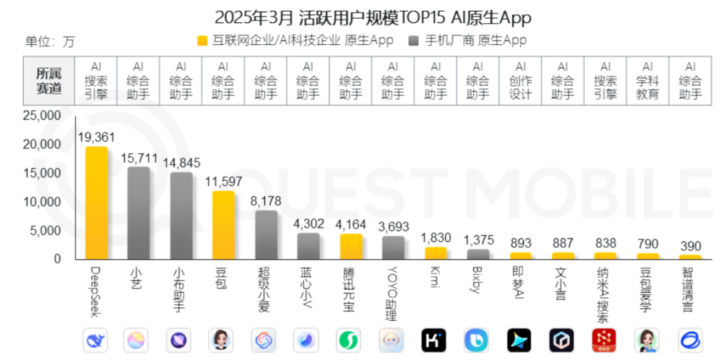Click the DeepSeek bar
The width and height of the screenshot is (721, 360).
coord(96,202)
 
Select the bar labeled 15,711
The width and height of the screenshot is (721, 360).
coord(139,213)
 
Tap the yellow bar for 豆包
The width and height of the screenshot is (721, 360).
coord(223,225)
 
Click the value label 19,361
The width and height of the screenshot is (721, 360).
coord(96,137)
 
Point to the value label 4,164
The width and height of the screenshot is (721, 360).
coord(350,224)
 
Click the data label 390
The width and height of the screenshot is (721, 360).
coord(691,246)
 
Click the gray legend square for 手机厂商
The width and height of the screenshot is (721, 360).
coord(413,40)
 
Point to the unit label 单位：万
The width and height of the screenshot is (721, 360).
coord(50,41)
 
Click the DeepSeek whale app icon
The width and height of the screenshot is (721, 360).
coord(96,340)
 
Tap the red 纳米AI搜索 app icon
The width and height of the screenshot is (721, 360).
coord(605,340)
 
